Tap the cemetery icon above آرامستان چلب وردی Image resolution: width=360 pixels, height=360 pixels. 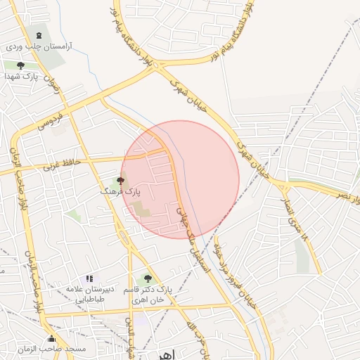click(x=38, y=34)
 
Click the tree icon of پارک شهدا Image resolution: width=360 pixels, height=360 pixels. click(x=20, y=65)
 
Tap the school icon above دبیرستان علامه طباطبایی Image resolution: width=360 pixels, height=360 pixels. click(x=89, y=279)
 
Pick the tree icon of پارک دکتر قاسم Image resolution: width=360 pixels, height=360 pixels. click(x=147, y=279)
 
